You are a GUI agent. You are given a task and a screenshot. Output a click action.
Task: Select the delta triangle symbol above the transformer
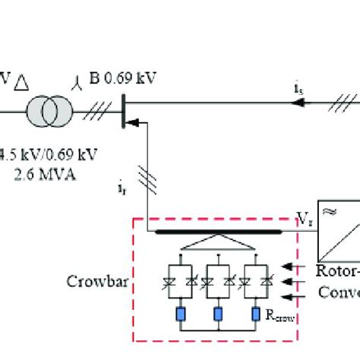point(30,77)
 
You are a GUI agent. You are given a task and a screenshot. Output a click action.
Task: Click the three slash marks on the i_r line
point(148,179)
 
